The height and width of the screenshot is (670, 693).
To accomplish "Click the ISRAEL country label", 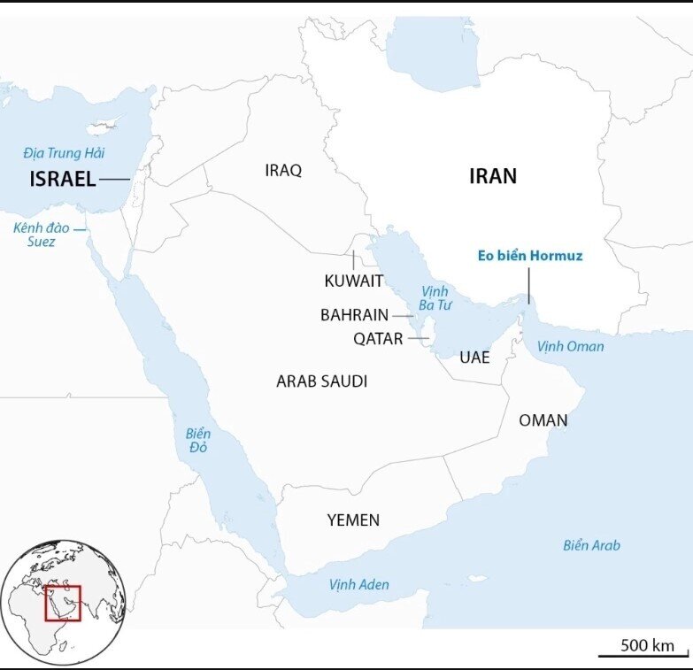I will (x=62, y=179).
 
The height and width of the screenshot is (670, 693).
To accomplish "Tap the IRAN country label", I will (x=492, y=176).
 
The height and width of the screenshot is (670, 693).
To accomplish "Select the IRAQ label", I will (x=283, y=170).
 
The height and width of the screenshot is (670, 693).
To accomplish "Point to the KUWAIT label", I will (x=353, y=281).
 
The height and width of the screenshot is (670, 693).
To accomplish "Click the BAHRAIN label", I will (x=354, y=314).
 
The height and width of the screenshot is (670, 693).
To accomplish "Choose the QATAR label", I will (x=378, y=338).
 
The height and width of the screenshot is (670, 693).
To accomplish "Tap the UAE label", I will (x=474, y=358).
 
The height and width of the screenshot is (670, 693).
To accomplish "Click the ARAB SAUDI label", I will (x=321, y=381).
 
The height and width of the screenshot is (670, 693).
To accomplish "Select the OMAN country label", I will (x=543, y=420).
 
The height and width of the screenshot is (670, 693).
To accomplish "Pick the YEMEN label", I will (x=353, y=520).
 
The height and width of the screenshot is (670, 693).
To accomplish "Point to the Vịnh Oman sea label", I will (x=570, y=346).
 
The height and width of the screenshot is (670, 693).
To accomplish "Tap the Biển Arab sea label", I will (x=591, y=545).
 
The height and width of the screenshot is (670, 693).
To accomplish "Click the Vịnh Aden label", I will (x=358, y=584).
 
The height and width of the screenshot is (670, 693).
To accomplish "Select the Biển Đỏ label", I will (x=198, y=441).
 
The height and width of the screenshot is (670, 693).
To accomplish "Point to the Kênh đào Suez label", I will (x=35, y=235).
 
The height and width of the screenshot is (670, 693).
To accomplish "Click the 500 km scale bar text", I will (x=647, y=644).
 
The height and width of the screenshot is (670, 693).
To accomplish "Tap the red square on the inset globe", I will (x=63, y=603).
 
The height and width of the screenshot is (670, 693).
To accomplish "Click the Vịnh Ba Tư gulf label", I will (x=435, y=298).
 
